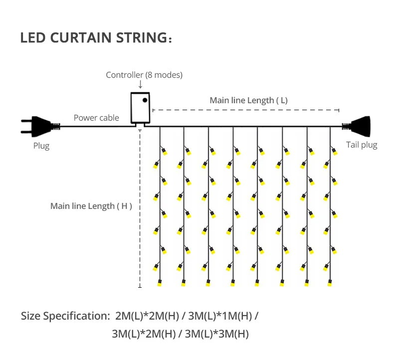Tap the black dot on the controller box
[x=145, y=100]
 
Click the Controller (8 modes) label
[x=144, y=75]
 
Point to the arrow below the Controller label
[x=141, y=85]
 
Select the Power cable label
[x=96, y=118]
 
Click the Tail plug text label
[x=362, y=145]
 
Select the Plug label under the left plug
[x=41, y=146]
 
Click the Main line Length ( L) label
[x=248, y=100]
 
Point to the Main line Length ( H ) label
[x=91, y=206]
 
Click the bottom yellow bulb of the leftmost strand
[x=160, y=283]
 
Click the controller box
[x=140, y=108]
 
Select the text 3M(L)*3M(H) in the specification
[x=216, y=334]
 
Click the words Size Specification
[x=65, y=316]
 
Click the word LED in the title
[x=31, y=38]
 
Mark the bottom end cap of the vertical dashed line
[x=140, y=287]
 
